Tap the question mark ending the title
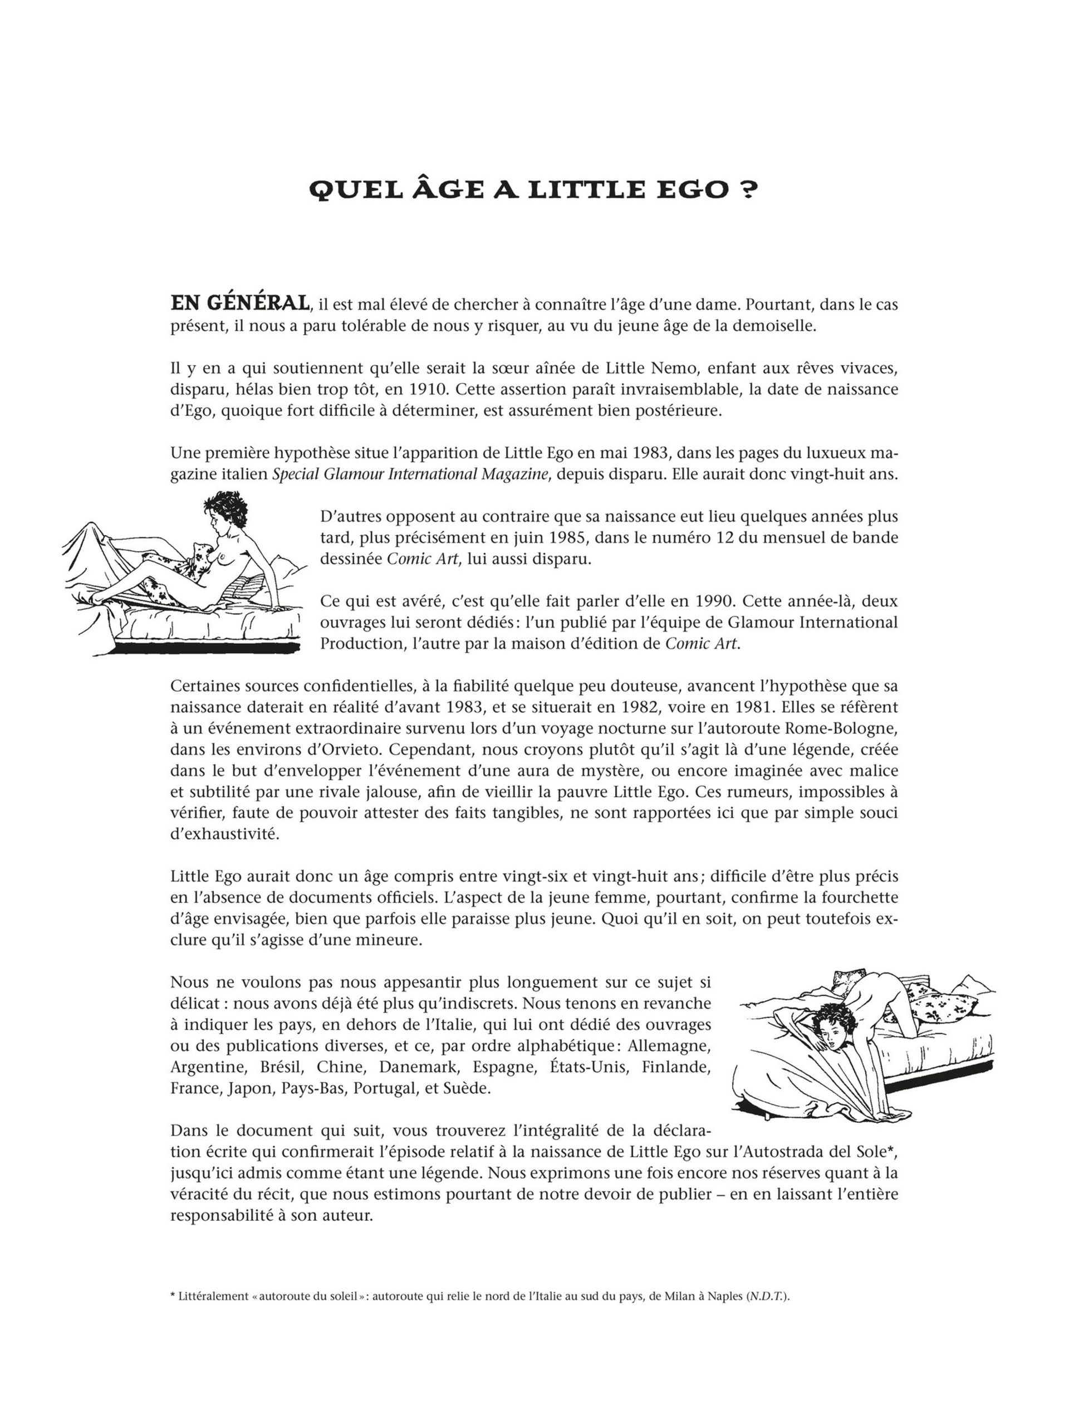click(x=744, y=190)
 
